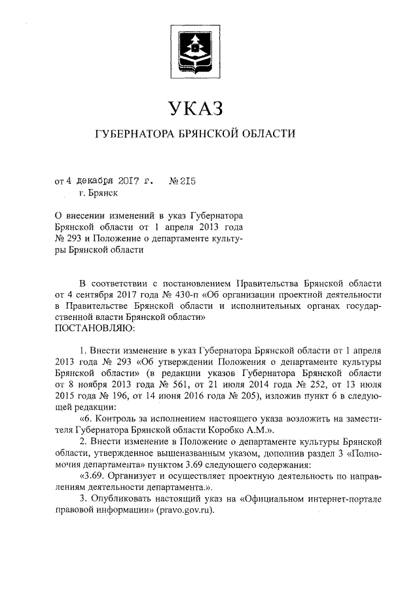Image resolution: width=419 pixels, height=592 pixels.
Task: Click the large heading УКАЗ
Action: (x=196, y=107)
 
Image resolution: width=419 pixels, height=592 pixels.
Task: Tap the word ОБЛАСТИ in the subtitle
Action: (x=268, y=134)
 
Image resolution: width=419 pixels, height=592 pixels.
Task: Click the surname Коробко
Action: (x=230, y=429)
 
